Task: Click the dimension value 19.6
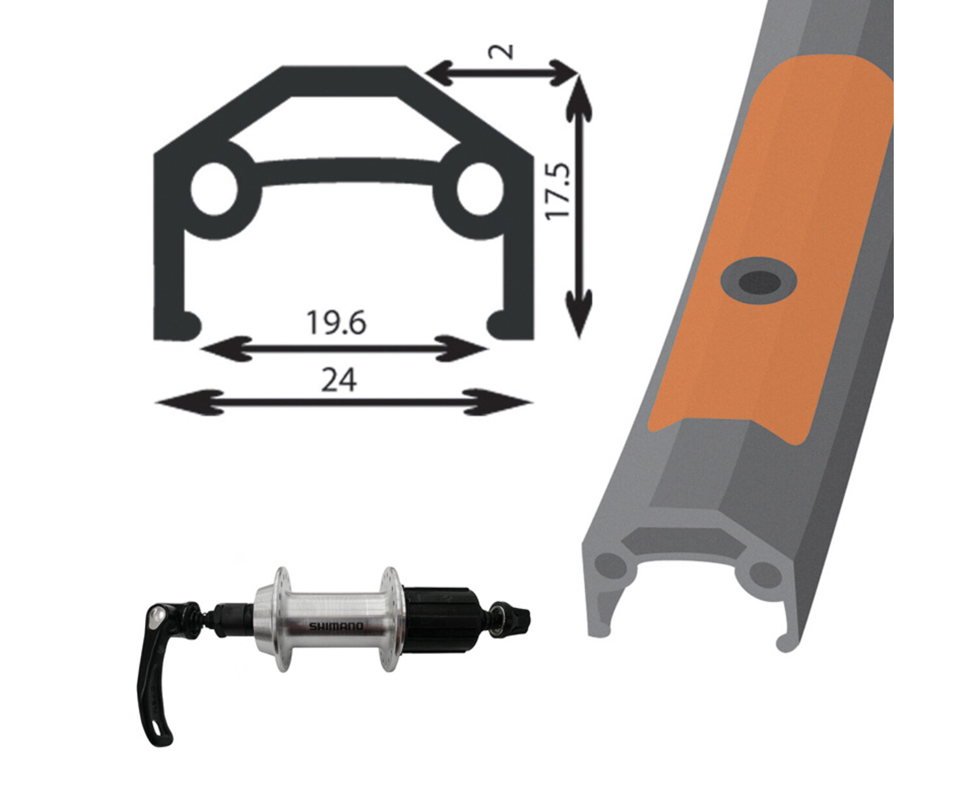tap(336, 322)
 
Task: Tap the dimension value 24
tap(339, 380)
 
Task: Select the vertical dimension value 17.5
tap(559, 190)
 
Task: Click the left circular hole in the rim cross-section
tap(214, 188)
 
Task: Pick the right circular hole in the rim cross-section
tap(480, 190)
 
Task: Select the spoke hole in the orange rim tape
tap(758, 283)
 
